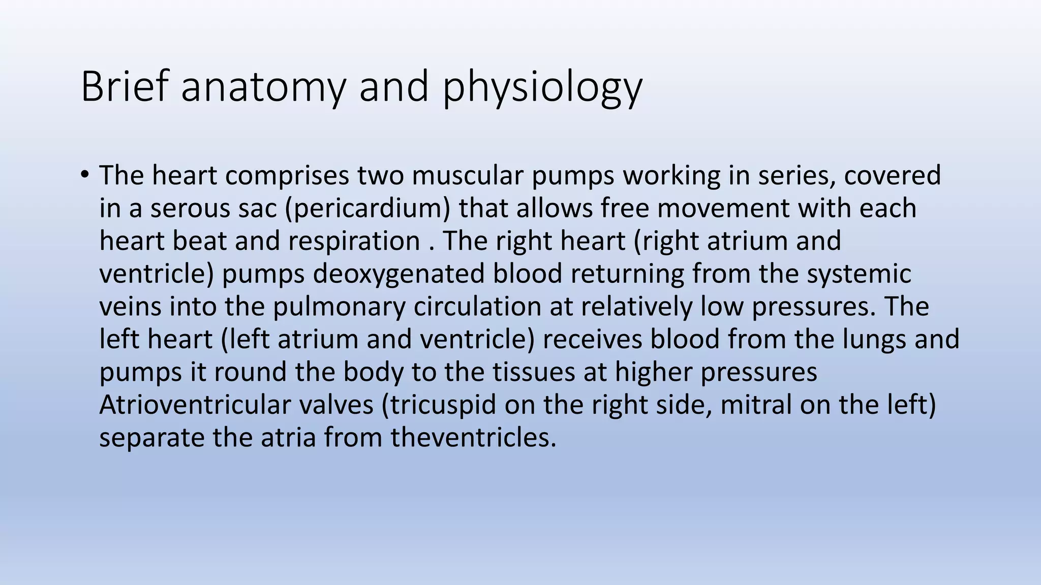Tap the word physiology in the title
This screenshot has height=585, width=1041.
click(x=542, y=87)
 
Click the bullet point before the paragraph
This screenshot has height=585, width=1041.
click(x=84, y=175)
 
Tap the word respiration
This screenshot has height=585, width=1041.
click(x=354, y=241)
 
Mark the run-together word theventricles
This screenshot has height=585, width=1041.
click(x=473, y=438)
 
